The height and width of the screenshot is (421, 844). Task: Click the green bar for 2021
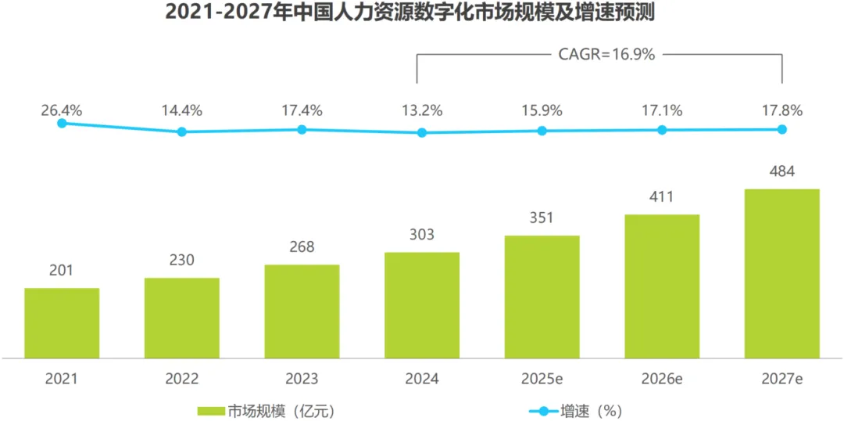point(62,322)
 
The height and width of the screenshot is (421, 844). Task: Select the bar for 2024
point(422,305)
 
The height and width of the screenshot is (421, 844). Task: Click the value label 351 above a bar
point(542,218)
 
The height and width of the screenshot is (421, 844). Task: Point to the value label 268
point(302,247)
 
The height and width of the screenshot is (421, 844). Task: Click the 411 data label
point(661,196)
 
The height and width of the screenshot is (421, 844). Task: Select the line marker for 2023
point(302,129)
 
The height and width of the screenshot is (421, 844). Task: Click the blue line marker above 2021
point(62,123)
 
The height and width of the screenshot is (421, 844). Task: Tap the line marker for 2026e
point(662,130)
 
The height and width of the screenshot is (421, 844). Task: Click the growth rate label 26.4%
point(62,110)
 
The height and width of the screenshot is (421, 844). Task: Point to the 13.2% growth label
point(422,110)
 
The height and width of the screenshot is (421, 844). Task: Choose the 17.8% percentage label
point(781,110)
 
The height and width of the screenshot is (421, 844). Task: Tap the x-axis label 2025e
point(542,380)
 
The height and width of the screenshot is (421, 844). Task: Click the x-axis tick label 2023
point(302,380)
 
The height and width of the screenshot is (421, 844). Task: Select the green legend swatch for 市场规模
point(211,409)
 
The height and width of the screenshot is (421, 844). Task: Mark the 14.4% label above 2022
point(181,110)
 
